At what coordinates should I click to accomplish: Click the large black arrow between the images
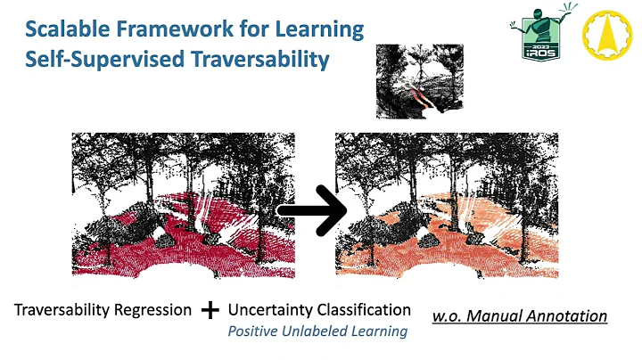click(311, 211)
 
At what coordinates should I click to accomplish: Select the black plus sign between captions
click(210, 310)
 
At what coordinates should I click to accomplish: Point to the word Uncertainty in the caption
click(271, 310)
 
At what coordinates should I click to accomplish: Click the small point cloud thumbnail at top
click(419, 81)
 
